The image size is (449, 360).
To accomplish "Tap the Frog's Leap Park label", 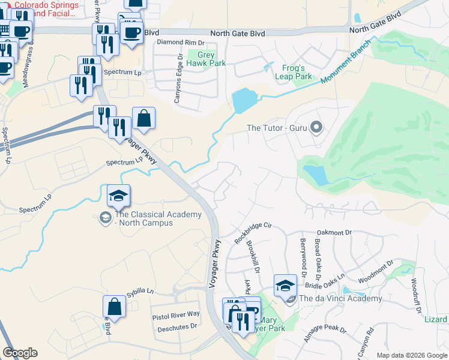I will click(294, 72).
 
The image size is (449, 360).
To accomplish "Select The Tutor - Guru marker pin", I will click(317, 127).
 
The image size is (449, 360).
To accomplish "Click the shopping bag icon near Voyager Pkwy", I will click(144, 118).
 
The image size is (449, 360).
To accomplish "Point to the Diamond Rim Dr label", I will click(181, 43).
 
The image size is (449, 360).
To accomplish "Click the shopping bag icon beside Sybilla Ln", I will click(114, 307).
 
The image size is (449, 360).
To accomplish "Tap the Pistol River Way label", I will click(176, 314).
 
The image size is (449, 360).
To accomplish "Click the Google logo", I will click(20, 353).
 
